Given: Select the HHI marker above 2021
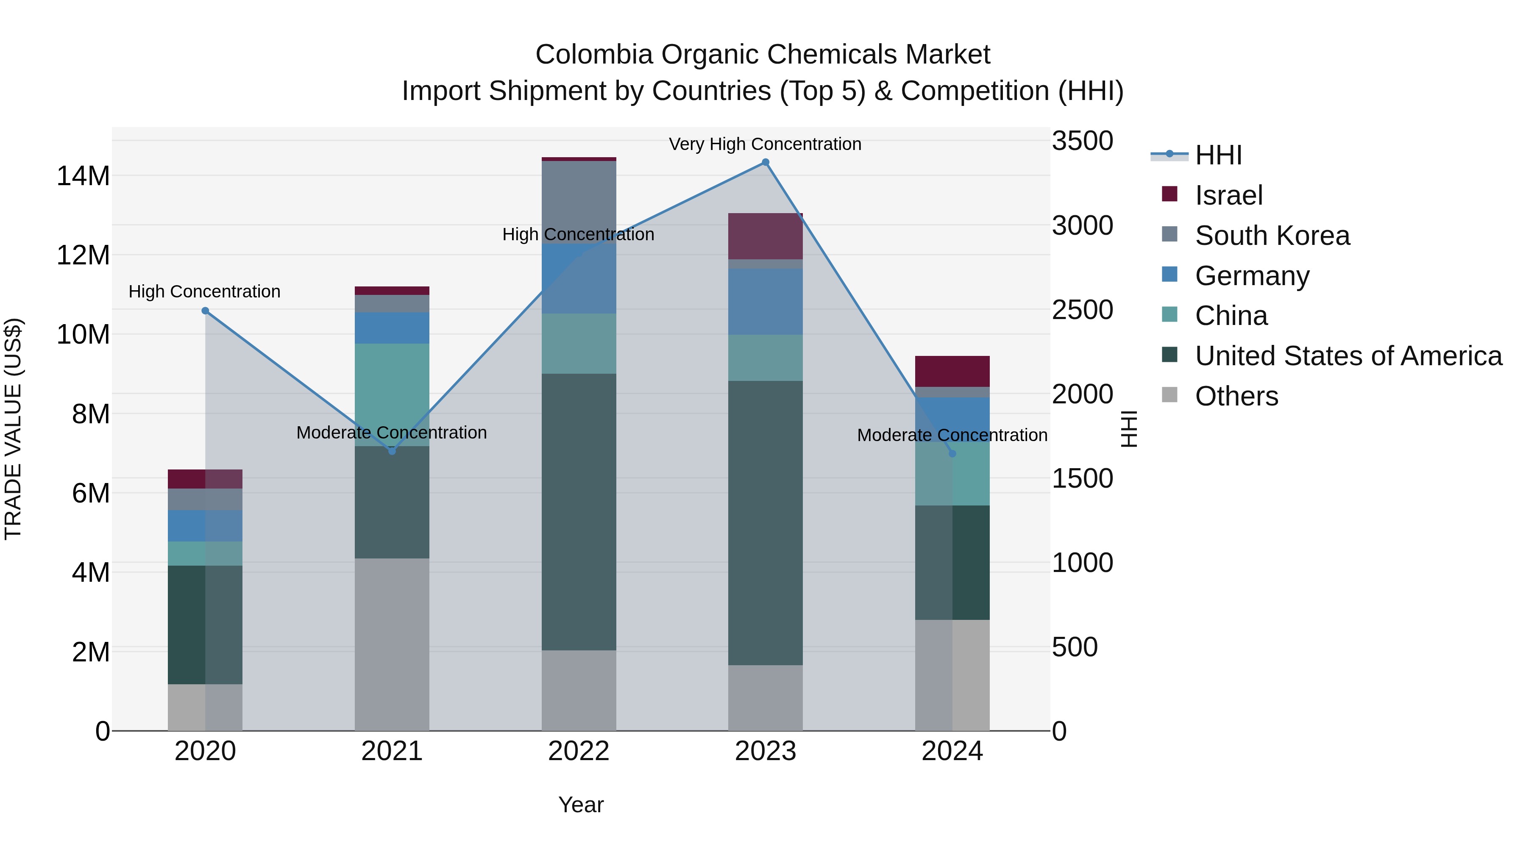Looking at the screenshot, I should click(392, 451).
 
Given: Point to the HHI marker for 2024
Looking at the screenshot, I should click(952, 453).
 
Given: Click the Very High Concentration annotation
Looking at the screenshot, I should click(765, 144).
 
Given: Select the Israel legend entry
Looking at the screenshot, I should click(1228, 195).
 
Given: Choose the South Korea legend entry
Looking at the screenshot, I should click(1272, 236).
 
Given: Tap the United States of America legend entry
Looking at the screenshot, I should click(1348, 356).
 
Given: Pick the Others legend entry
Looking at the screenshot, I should click(1236, 396).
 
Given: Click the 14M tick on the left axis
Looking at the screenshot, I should click(83, 176).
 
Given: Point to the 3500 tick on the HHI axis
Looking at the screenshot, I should click(1082, 141).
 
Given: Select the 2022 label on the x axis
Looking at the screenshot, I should click(578, 751).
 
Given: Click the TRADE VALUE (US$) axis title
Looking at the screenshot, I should click(13, 429).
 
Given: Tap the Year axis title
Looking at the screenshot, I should click(581, 805).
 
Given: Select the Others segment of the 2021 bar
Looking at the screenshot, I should click(392, 644).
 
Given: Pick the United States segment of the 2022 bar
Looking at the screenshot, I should click(578, 511).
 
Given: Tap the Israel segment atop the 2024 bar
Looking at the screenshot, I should click(952, 371).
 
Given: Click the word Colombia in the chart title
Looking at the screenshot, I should click(594, 55).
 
